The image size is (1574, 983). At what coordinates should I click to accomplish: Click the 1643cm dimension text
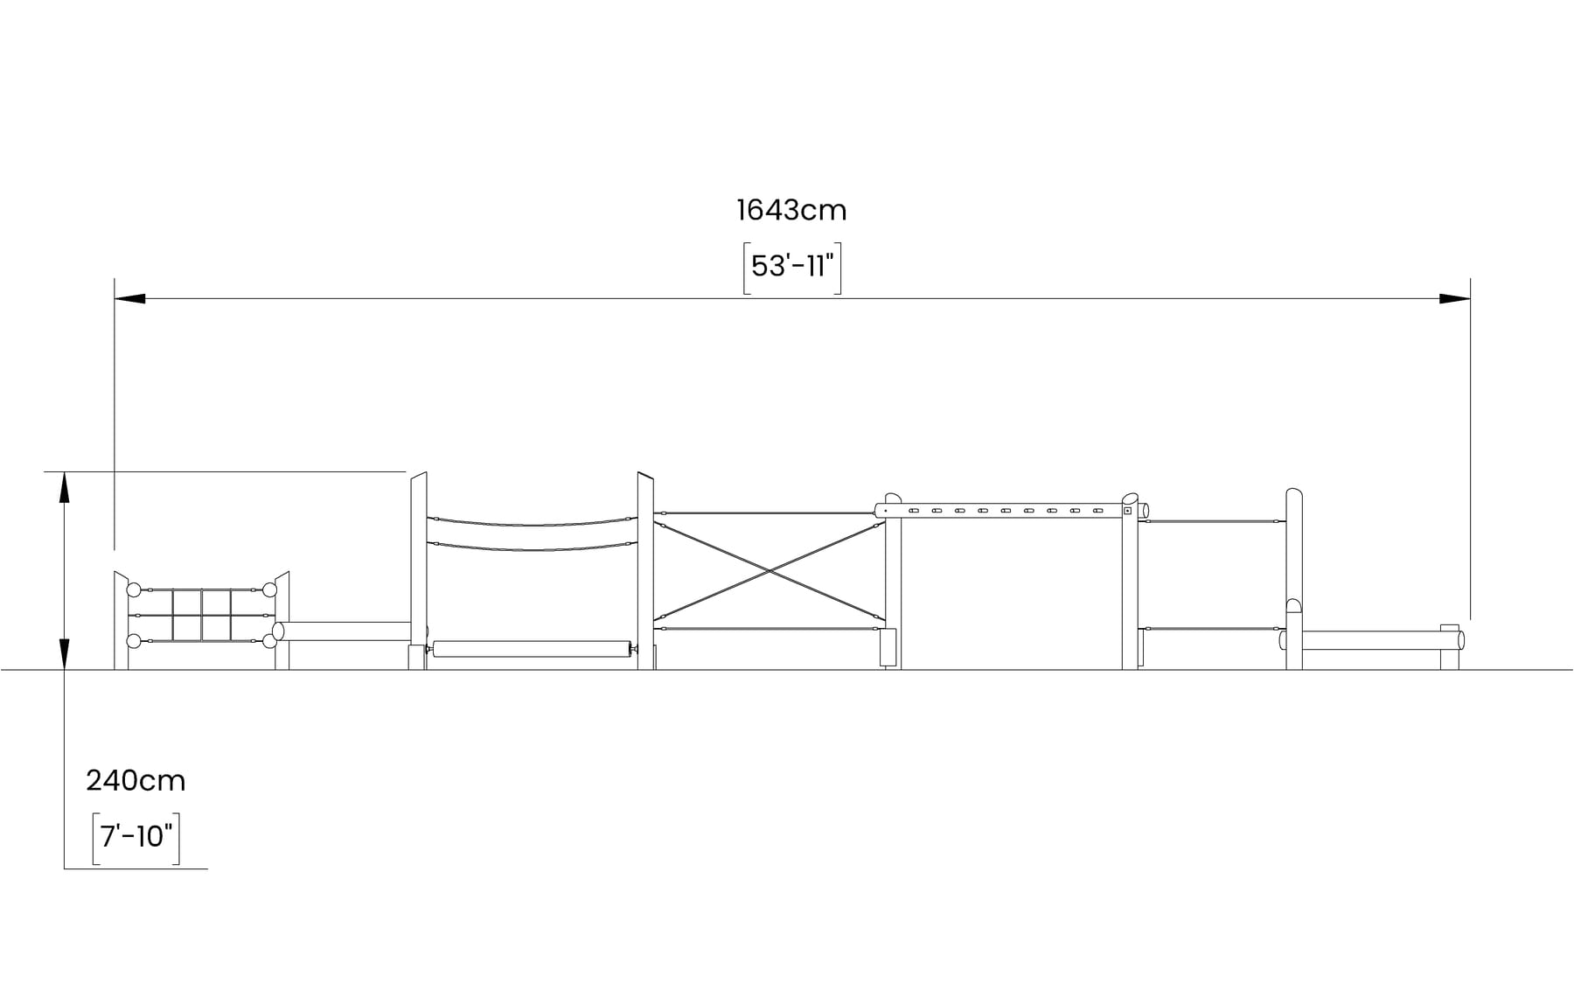click(791, 210)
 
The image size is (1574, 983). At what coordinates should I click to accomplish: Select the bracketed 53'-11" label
click(792, 267)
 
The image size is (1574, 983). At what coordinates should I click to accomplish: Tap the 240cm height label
click(136, 780)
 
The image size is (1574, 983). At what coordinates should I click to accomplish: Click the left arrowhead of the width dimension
click(129, 299)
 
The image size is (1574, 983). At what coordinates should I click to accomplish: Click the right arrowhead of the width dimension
click(1455, 299)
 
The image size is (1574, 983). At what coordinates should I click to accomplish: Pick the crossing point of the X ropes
click(770, 571)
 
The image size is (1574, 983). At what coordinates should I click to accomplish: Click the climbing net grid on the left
click(202, 615)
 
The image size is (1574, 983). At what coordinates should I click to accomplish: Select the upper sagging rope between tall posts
click(532, 524)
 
